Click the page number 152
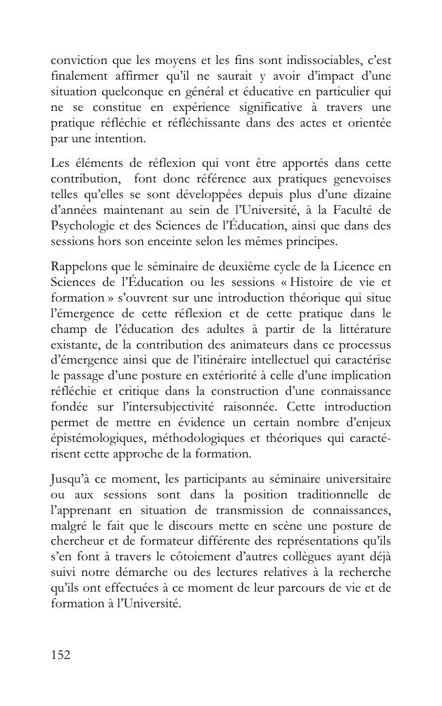pyautogui.click(x=61, y=655)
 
